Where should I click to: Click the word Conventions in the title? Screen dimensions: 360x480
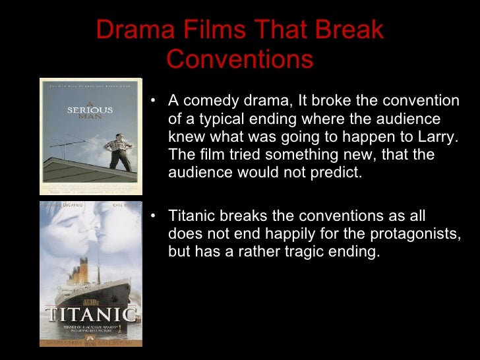(239, 59)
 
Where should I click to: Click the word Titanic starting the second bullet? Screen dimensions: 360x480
(189, 216)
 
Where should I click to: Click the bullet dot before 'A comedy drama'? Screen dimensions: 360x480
(153, 102)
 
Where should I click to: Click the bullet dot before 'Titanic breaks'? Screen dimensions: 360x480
(153, 216)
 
